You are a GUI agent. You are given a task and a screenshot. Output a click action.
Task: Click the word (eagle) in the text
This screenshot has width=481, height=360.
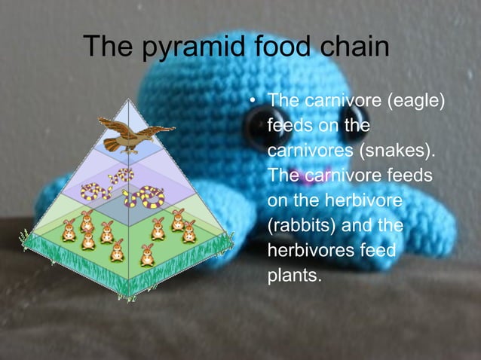[x=408, y=100]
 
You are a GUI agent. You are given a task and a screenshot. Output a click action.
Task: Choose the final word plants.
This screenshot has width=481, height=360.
[x=295, y=276]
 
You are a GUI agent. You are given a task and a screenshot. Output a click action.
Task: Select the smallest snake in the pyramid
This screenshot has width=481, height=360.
[x=118, y=178]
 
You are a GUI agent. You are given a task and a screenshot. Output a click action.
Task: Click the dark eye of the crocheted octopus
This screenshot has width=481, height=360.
[x=262, y=122]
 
